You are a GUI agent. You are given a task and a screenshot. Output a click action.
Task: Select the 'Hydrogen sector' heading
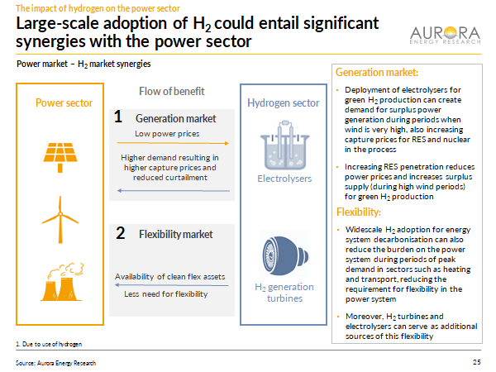pyautogui.click(x=283, y=103)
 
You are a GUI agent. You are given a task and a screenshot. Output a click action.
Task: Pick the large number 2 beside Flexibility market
pyautogui.click(x=121, y=234)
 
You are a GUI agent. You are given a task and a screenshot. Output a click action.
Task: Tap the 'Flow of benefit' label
pyautogui.click(x=171, y=91)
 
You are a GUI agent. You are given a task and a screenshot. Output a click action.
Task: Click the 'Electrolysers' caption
pyautogui.click(x=283, y=178)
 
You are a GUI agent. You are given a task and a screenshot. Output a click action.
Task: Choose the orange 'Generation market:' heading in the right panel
pyautogui.click(x=377, y=73)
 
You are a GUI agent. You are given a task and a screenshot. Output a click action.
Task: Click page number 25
pyautogui.click(x=476, y=363)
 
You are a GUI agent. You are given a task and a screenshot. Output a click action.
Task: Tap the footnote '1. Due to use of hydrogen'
pyautogui.click(x=50, y=343)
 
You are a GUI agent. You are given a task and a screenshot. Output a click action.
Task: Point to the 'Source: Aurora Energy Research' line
pyautogui.click(x=55, y=363)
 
